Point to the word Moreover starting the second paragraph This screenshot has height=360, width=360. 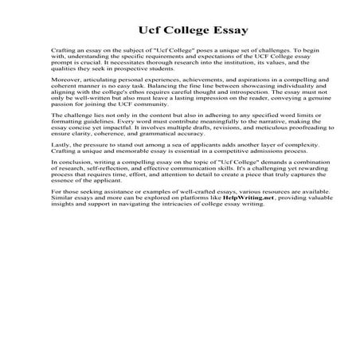pyautogui.click(x=65, y=103)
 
